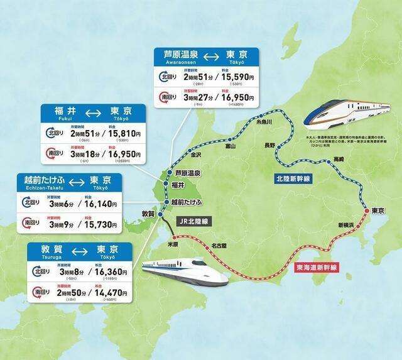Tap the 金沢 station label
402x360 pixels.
pyautogui.click(x=195, y=154)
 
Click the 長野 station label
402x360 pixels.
pyautogui.click(x=269, y=145)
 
